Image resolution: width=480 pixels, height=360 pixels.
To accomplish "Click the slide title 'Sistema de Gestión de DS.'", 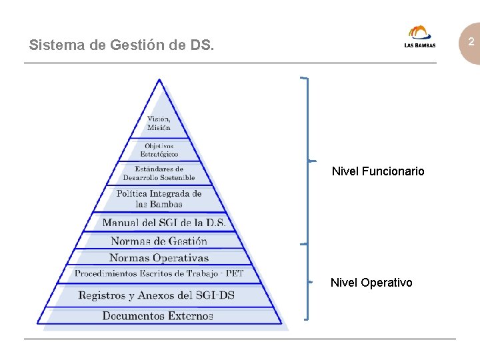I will click(x=122, y=46).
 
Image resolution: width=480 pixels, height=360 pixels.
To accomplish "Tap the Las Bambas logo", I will click(x=420, y=37).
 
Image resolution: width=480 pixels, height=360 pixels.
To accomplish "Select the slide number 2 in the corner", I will click(x=470, y=42).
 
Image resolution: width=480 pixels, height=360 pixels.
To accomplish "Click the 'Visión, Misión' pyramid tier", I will click(x=159, y=123).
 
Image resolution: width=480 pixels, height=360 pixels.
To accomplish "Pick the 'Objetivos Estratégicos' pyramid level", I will click(x=159, y=150).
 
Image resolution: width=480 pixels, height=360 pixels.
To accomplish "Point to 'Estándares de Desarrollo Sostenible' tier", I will click(x=159, y=173).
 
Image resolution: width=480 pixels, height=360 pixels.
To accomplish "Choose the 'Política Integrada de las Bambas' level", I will click(x=159, y=199).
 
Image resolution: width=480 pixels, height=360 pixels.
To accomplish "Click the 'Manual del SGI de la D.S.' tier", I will click(x=164, y=223).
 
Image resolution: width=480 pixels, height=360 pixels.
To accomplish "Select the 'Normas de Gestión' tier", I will click(x=159, y=241).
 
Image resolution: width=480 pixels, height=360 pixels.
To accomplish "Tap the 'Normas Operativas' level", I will click(x=159, y=258).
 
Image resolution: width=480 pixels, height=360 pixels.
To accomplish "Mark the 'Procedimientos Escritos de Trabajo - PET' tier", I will click(x=159, y=273).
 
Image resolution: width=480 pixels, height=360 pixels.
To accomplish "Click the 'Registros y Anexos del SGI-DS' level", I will click(x=157, y=295).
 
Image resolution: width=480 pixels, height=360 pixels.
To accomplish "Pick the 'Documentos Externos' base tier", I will click(x=158, y=316).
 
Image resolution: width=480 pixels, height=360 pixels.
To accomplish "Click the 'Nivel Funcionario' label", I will click(x=378, y=171).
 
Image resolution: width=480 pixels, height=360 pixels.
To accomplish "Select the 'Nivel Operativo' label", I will click(x=371, y=283).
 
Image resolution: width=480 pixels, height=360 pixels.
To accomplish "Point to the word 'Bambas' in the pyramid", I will click(x=166, y=204).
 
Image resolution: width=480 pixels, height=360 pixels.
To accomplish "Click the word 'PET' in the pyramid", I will click(x=234, y=273).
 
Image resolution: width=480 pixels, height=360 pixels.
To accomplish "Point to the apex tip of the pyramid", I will click(x=159, y=80).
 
